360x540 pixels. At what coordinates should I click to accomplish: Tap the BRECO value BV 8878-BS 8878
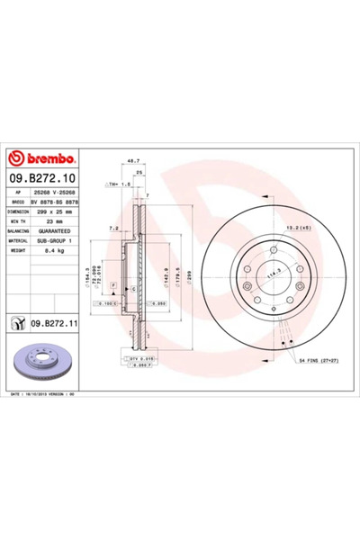pyautogui.click(x=60, y=202)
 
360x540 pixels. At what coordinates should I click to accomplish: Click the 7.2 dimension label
pyautogui.click(x=112, y=229)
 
